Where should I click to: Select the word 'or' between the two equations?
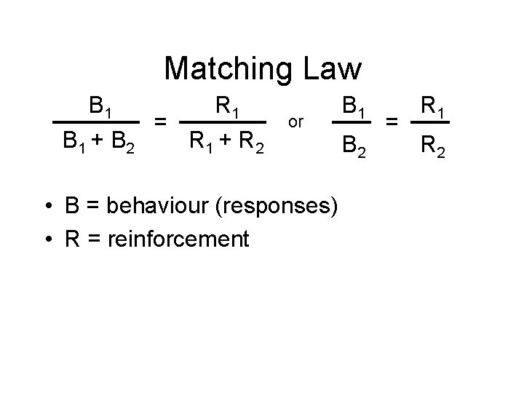295,122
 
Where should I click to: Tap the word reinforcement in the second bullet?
177,238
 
